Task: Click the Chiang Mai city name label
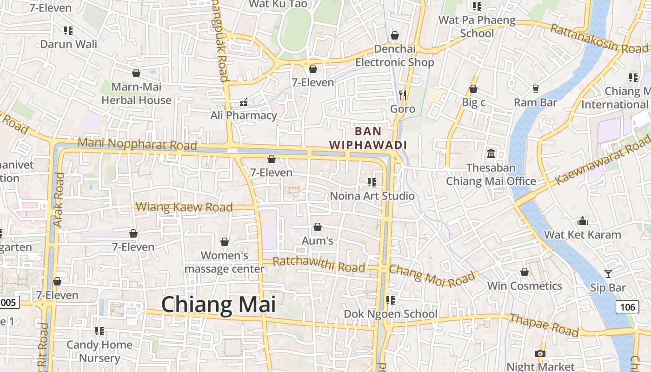(219, 305)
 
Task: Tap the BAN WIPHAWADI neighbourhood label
(368, 138)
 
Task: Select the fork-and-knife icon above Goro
(403, 95)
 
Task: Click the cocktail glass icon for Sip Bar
(608, 274)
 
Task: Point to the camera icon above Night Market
(540, 353)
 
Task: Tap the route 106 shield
(627, 307)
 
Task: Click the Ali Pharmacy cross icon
(243, 102)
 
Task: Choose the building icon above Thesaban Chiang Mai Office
(491, 153)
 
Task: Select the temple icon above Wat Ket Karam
(583, 221)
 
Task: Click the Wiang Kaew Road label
(185, 207)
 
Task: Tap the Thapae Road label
(544, 325)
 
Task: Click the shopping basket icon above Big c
(473, 89)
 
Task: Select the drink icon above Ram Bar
(535, 88)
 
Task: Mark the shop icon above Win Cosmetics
(525, 272)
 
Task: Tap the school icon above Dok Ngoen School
(391, 300)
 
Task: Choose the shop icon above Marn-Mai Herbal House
(136, 73)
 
